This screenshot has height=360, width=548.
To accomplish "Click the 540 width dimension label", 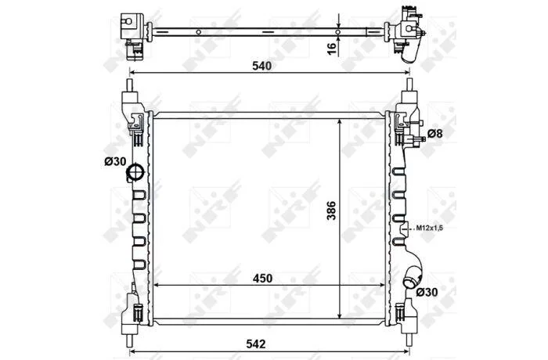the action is point(261,66).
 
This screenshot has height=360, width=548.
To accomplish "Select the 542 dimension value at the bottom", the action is point(256,344).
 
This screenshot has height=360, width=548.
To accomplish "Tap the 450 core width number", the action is point(262,278).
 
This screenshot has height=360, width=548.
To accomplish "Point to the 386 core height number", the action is point(331,211).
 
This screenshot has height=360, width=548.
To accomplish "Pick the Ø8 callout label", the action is point(434,134).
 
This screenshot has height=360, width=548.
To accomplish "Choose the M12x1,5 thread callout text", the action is point(430,228).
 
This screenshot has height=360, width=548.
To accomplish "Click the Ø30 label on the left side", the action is point(115,161).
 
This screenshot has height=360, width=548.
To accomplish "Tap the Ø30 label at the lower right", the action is point(427,292).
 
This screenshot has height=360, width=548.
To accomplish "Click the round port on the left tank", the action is point(135,172).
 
